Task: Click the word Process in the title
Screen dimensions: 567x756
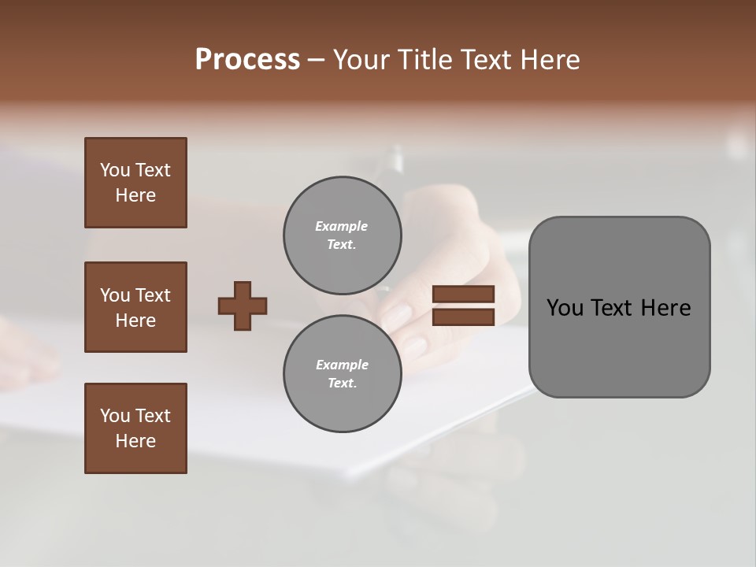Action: (x=247, y=60)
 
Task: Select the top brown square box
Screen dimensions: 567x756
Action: (x=135, y=183)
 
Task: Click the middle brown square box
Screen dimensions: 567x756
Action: (x=135, y=307)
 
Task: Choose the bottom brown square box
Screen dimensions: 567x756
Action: (x=135, y=428)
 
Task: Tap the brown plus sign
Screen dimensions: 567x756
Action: (x=243, y=306)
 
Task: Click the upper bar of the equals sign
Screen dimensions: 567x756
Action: (x=463, y=295)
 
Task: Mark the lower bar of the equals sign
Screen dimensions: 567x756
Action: (x=463, y=317)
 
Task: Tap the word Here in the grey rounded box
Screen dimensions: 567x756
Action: (x=665, y=308)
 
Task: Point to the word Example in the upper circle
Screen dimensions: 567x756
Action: (x=342, y=226)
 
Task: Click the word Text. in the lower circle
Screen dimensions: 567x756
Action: (x=342, y=384)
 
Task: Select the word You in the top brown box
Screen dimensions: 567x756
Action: (x=114, y=170)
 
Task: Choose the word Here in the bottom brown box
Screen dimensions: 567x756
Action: (x=135, y=441)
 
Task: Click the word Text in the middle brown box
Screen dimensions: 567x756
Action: (x=153, y=295)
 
